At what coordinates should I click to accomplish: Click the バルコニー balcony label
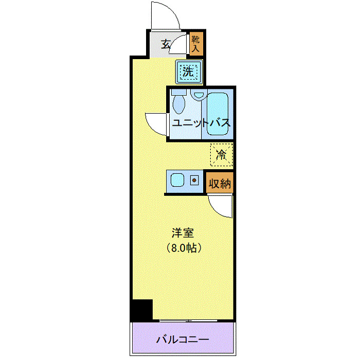(182, 340)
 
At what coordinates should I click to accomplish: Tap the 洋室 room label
(182, 232)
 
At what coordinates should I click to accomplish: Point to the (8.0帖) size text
(183, 247)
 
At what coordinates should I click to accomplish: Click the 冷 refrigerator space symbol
(222, 154)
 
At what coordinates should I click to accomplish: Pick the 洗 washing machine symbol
(188, 72)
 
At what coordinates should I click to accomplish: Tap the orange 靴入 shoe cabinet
(196, 43)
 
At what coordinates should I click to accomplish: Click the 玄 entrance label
(166, 44)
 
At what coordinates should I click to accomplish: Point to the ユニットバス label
(201, 123)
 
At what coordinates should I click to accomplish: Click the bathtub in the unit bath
(219, 113)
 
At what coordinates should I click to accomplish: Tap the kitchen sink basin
(178, 181)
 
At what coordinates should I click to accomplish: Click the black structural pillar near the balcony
(141, 310)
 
